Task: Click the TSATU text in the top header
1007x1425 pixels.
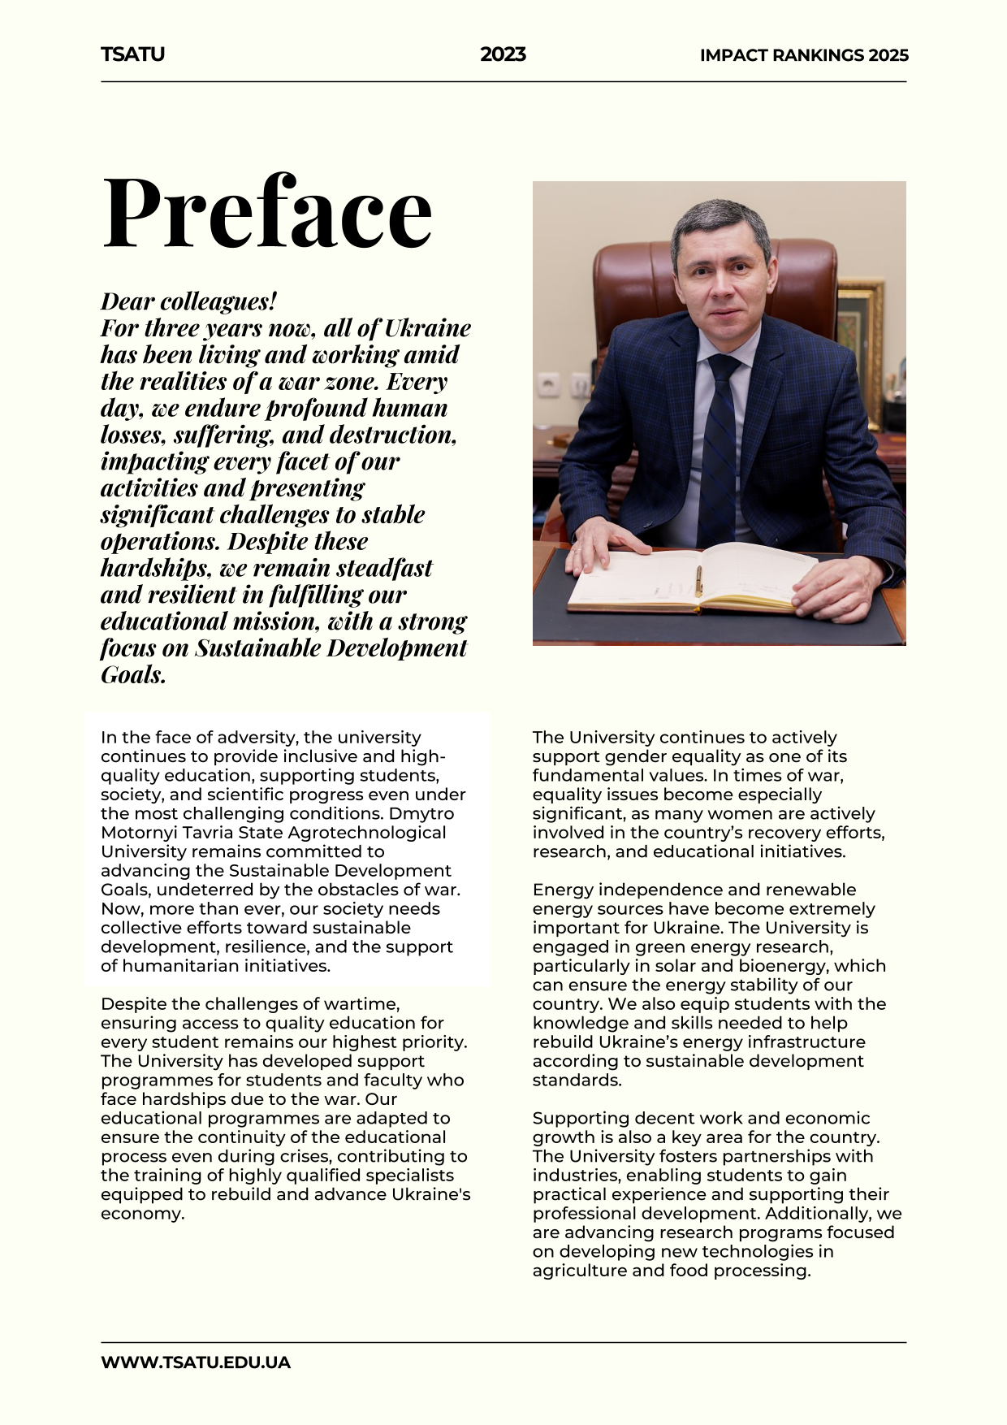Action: point(132,54)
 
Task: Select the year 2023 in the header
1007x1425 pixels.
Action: point(503,54)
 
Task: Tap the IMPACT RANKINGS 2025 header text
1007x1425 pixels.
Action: point(804,55)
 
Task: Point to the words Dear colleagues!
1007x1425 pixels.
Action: point(188,301)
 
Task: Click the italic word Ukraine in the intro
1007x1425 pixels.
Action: point(427,328)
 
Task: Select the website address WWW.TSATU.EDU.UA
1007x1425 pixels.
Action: point(195,1362)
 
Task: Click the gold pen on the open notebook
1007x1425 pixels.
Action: point(698,580)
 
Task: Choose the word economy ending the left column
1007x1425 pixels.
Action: point(141,1214)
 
